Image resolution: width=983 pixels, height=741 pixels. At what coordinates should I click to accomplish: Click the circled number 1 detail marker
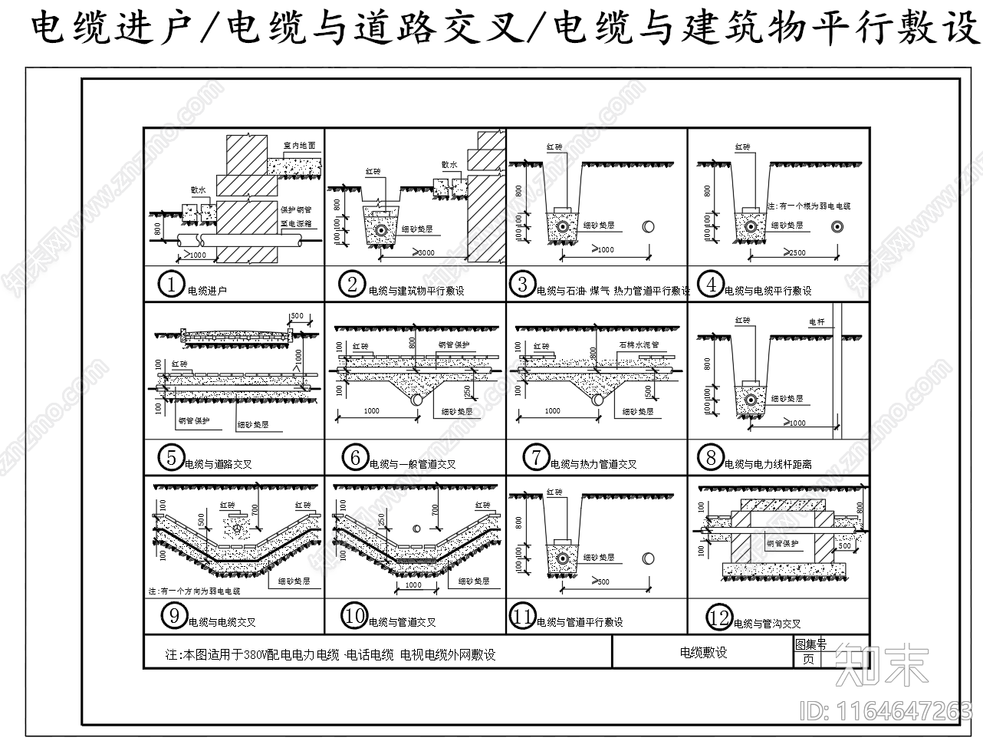(x=169, y=285)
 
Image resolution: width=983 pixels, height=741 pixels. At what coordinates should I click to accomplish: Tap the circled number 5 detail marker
(x=169, y=459)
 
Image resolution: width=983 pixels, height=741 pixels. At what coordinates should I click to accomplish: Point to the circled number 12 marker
(x=719, y=618)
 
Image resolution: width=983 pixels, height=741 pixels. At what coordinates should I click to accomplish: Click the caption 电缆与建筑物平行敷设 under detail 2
(x=416, y=291)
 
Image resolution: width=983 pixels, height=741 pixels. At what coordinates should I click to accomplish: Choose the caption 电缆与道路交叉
(x=219, y=464)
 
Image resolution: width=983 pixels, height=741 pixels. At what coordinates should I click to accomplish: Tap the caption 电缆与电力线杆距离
(x=768, y=464)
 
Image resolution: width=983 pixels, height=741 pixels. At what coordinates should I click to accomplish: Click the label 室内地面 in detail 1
(x=299, y=145)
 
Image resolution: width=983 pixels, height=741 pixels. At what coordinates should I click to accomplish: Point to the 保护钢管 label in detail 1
(x=295, y=209)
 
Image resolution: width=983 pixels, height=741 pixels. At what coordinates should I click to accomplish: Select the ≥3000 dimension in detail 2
(x=422, y=253)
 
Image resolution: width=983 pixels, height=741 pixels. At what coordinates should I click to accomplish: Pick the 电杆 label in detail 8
(x=817, y=323)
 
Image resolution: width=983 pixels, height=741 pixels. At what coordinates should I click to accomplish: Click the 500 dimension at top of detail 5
(x=298, y=316)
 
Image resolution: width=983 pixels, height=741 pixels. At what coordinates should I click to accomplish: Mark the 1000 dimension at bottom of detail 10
(x=413, y=585)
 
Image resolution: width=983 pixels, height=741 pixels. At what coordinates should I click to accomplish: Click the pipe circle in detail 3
(x=649, y=227)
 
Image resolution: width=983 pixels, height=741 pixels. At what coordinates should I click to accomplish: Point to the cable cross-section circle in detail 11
(x=564, y=558)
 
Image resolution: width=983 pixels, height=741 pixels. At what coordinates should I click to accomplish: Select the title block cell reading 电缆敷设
(x=703, y=653)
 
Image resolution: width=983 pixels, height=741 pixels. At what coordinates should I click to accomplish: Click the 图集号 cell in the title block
(x=810, y=644)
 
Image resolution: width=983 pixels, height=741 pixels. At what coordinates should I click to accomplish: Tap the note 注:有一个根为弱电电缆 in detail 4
(x=808, y=206)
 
